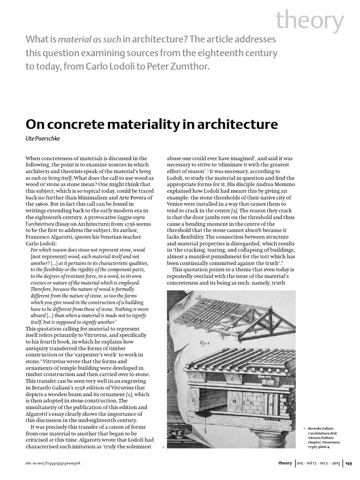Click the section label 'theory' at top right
(x=310, y=21)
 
